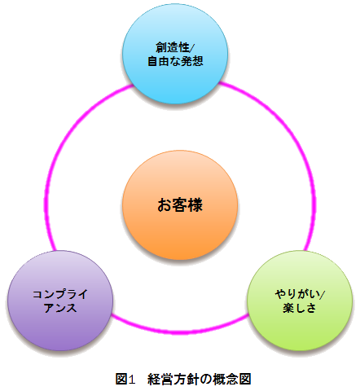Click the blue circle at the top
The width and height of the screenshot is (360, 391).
(x=175, y=54)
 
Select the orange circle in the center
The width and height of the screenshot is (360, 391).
(x=180, y=205)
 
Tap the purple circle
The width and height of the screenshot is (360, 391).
(x=60, y=301)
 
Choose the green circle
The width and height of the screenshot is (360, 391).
(x=300, y=301)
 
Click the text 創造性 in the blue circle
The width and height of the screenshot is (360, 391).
(x=173, y=47)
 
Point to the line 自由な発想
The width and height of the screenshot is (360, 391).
(x=175, y=61)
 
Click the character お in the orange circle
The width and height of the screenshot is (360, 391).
(x=165, y=205)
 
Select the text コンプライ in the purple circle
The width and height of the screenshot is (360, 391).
(x=60, y=294)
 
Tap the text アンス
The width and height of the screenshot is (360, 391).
(x=60, y=308)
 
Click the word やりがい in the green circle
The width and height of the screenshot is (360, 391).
(x=297, y=294)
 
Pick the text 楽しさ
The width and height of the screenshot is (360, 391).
(x=300, y=308)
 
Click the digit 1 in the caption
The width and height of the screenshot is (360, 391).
(x=131, y=379)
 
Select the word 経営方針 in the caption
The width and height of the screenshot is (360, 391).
(x=173, y=379)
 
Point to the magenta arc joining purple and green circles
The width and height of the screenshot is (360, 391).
(x=180, y=332)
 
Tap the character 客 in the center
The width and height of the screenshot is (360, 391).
(x=180, y=205)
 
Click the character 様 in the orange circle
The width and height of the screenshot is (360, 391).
(x=195, y=205)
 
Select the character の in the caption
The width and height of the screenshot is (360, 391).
(x=205, y=379)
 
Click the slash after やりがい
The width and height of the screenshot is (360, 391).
(x=323, y=294)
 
